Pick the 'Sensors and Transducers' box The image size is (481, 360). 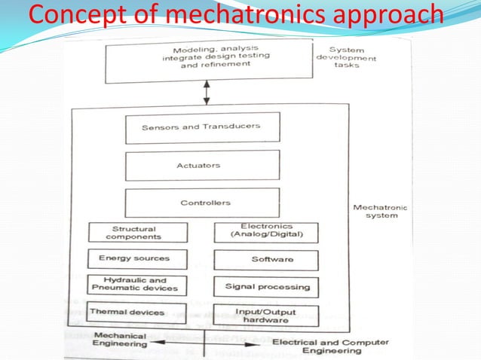[201, 127]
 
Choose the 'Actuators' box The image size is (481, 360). [201, 165]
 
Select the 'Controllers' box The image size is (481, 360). [201, 203]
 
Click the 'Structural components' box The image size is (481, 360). [136, 233]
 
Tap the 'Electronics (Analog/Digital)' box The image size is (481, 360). [266, 231]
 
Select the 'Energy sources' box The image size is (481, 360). [136, 258]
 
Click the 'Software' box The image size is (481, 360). [266, 260]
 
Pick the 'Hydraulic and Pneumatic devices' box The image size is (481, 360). [136, 285]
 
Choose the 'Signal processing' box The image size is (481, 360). [266, 287]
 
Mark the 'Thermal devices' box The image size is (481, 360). [136, 312]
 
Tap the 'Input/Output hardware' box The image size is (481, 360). [266, 316]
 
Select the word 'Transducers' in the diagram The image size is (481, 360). [232, 127]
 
